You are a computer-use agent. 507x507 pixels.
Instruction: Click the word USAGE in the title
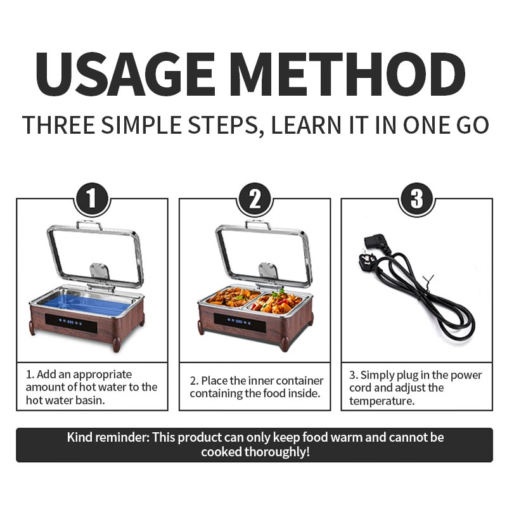(125, 74)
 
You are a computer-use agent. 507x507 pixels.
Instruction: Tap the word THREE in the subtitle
(58, 125)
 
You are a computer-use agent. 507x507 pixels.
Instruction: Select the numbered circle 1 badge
(92, 199)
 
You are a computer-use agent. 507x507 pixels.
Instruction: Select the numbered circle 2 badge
(255, 199)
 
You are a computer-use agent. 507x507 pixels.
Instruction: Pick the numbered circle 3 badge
(417, 199)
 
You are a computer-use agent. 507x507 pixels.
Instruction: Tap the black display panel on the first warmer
(71, 323)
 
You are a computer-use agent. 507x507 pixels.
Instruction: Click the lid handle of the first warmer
(89, 225)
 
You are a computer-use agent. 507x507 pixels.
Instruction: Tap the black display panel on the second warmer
(240, 322)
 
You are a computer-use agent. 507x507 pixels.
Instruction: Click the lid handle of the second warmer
(258, 225)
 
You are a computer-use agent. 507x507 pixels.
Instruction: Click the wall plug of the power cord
(368, 260)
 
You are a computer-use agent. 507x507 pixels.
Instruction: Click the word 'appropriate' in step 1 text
(103, 375)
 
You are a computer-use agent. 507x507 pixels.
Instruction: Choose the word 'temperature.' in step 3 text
(382, 401)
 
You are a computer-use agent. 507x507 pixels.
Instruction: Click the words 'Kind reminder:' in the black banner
(108, 437)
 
